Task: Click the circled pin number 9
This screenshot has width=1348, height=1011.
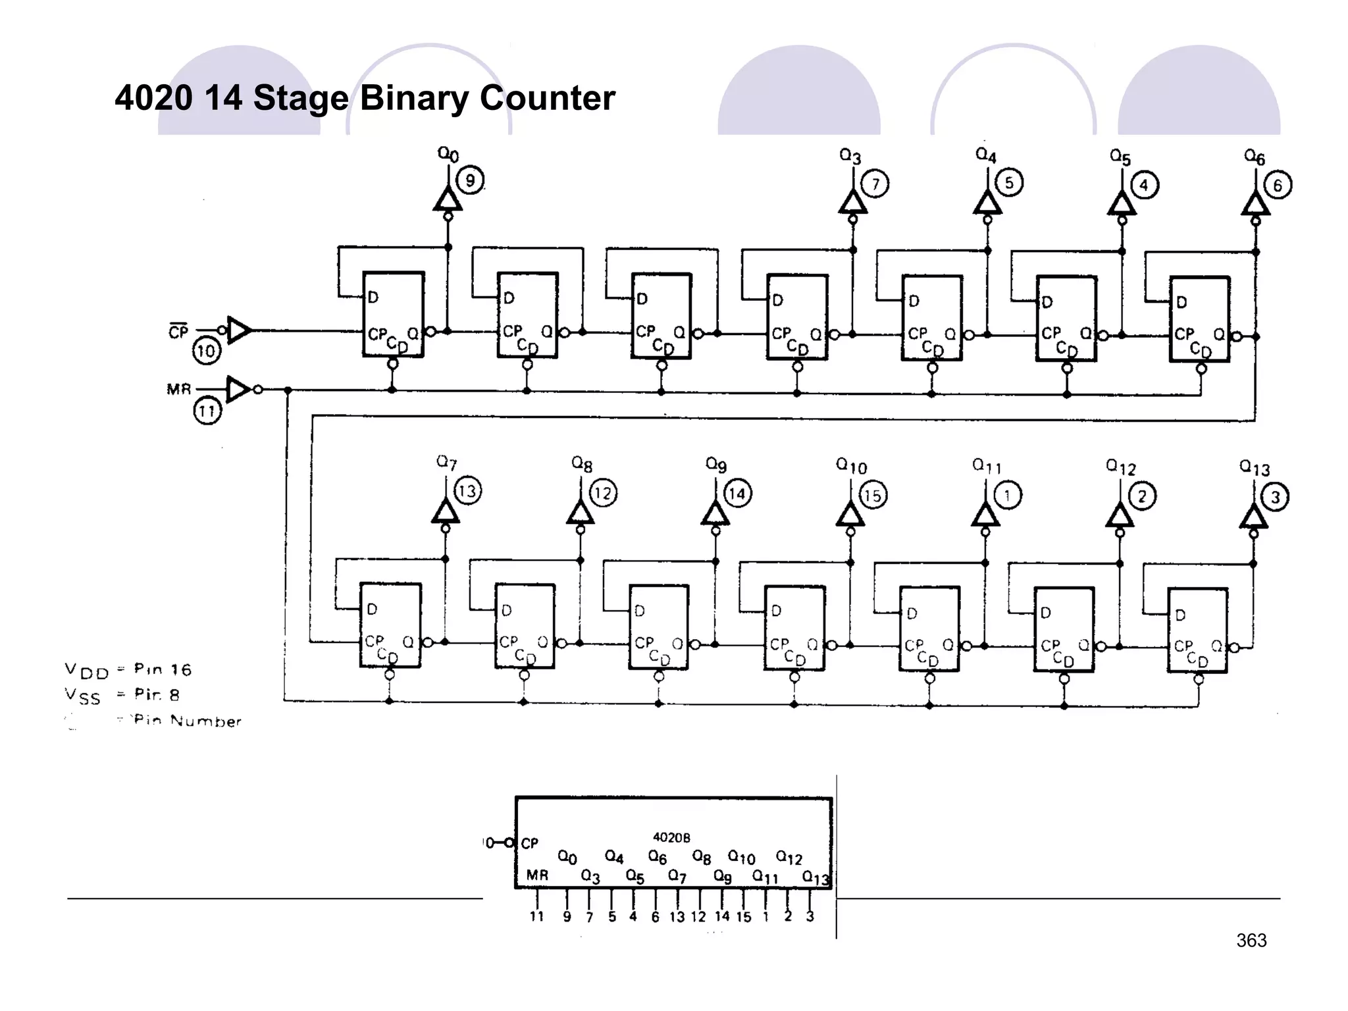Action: click(x=470, y=180)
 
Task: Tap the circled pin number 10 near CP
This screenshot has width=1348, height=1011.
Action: click(x=206, y=350)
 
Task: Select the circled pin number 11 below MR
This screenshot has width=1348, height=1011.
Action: click(x=207, y=411)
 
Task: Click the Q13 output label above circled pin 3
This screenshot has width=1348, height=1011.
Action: click(x=1254, y=468)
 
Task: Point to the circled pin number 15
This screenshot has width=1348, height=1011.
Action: click(x=872, y=495)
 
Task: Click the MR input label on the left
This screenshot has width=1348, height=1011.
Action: click(x=178, y=389)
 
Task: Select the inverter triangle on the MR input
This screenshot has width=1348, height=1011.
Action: click(x=238, y=389)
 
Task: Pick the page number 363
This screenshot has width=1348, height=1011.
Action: click(x=1251, y=941)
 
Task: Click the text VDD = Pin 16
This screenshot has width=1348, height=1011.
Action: click(x=128, y=671)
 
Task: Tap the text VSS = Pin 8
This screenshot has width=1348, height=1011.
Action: click(x=122, y=695)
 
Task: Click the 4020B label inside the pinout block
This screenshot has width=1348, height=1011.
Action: click(x=671, y=837)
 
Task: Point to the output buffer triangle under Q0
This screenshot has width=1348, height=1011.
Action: click(x=448, y=199)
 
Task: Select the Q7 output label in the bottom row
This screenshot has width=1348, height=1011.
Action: click(x=446, y=463)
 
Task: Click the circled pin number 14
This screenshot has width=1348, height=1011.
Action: click(x=737, y=494)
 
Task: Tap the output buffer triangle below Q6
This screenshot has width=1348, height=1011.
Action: click(x=1255, y=203)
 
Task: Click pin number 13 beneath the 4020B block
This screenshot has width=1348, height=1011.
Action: click(x=677, y=917)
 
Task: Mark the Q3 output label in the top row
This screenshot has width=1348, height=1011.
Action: click(x=850, y=156)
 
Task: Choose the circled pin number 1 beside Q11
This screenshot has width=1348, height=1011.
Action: click(x=1007, y=495)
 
